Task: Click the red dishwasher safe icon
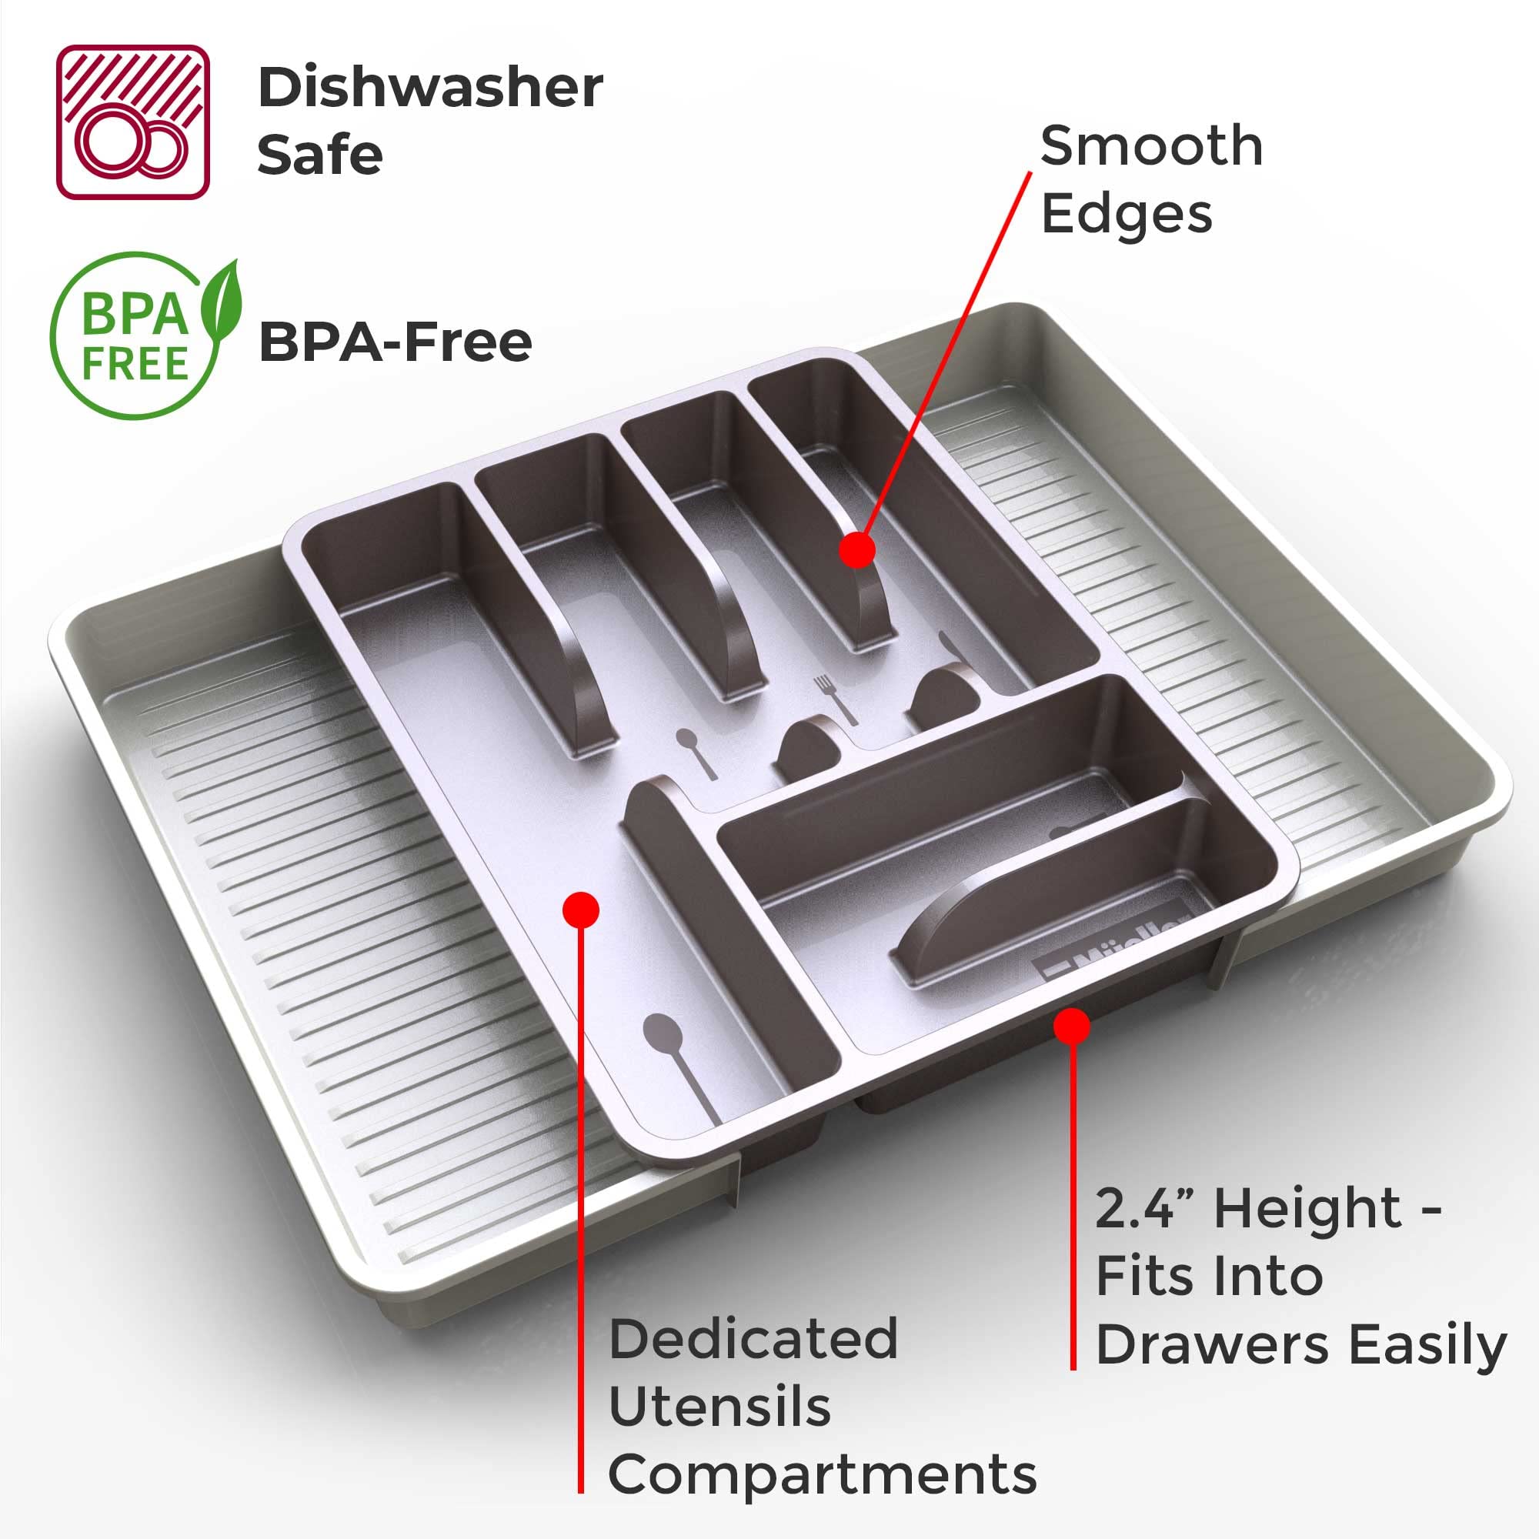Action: [x=133, y=122]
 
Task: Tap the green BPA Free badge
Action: [x=143, y=336]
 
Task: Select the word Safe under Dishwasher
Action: [x=320, y=155]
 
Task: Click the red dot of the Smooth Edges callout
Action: [x=857, y=549]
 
